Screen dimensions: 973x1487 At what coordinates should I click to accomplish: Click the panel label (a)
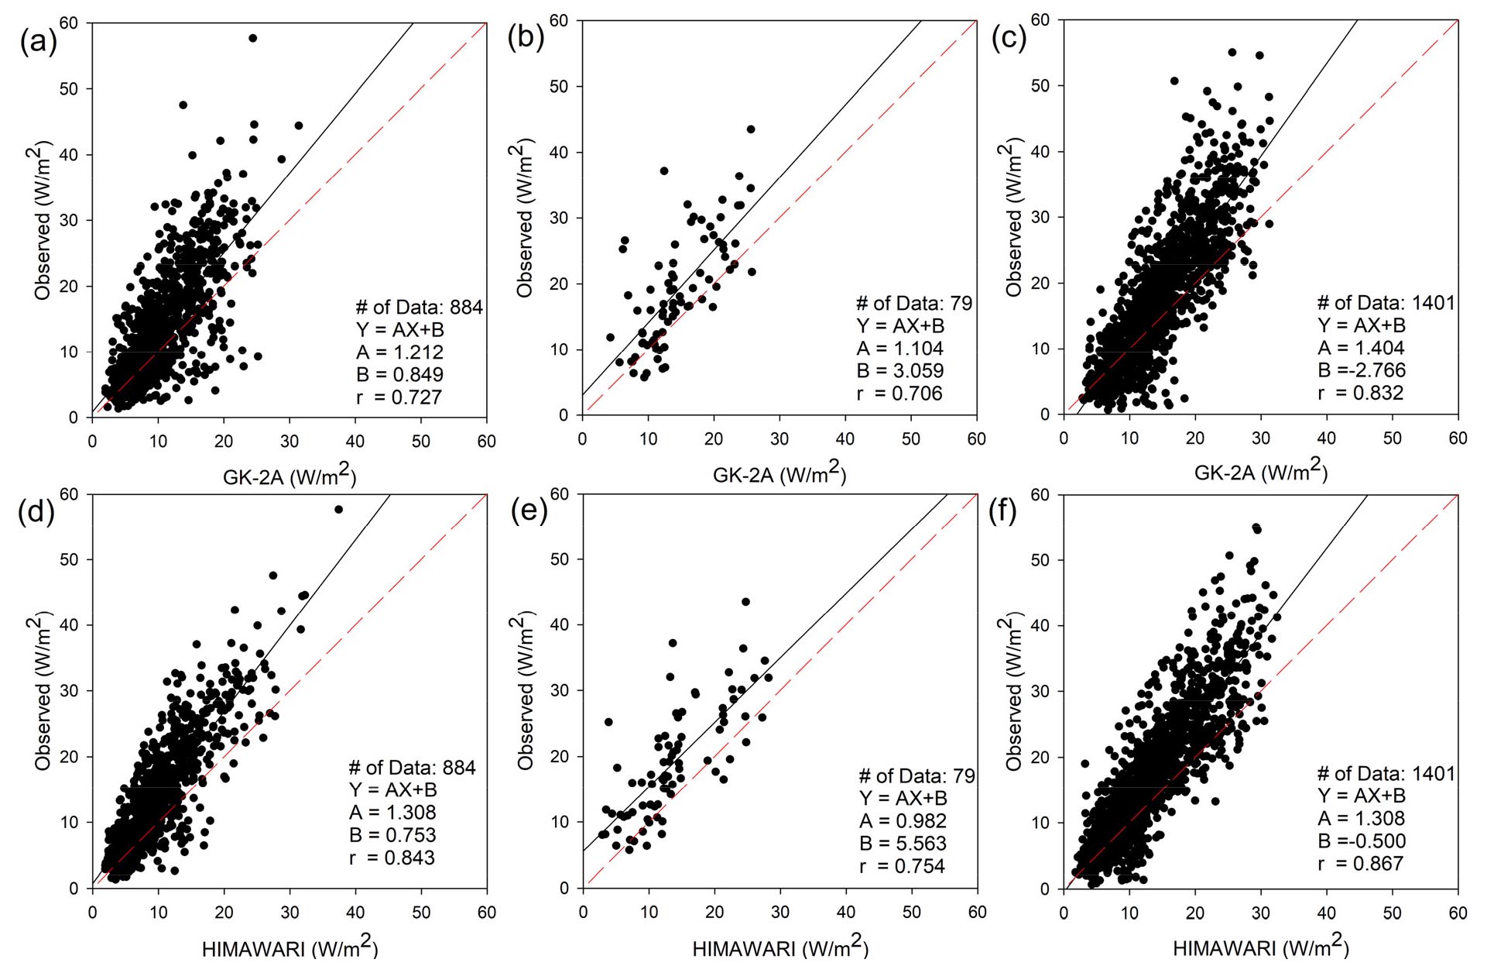point(37,41)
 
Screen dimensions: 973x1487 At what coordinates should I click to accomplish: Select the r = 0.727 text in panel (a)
point(399,397)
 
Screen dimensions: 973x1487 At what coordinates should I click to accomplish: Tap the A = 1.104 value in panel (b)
point(899,349)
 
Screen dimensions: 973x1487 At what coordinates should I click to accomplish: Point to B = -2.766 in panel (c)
point(1362,370)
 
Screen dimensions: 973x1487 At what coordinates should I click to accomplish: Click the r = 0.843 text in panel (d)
point(392,858)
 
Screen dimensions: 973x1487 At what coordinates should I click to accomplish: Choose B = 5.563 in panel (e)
point(903,844)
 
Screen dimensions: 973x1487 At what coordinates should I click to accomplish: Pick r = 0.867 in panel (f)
point(1361,864)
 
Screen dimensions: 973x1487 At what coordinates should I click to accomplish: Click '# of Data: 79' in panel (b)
point(913,304)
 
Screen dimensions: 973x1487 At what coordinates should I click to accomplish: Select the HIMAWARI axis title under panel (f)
point(1261,947)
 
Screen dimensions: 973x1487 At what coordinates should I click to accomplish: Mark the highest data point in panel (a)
point(252,38)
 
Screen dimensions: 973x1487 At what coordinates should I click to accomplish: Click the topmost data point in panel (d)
point(338,509)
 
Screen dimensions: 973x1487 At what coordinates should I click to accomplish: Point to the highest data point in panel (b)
point(750,129)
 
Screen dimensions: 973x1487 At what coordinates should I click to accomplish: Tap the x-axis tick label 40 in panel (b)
point(845,438)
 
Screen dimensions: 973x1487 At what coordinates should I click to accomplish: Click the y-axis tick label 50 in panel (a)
point(69,89)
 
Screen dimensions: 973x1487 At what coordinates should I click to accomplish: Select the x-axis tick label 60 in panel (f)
point(1458,913)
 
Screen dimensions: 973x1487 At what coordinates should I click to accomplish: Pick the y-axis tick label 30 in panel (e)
point(560,690)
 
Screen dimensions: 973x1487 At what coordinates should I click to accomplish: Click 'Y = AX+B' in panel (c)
point(1362,325)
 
